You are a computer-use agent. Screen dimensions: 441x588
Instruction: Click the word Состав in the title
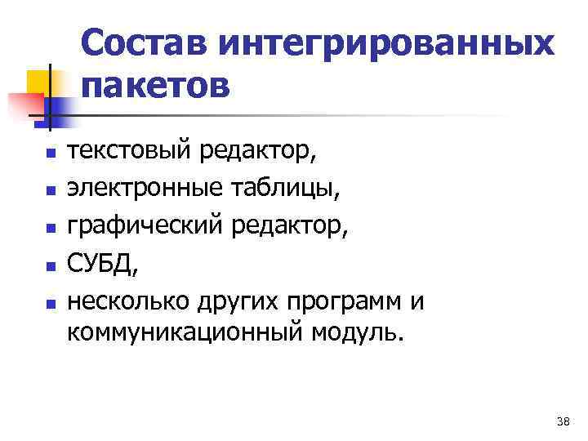click(152, 42)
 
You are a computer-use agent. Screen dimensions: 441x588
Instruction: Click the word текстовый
click(129, 151)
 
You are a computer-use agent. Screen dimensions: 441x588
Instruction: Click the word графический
click(145, 228)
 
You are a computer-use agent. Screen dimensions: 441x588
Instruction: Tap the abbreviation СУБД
click(97, 265)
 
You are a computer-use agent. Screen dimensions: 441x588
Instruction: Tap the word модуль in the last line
click(354, 334)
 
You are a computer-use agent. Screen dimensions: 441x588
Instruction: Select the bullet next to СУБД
click(50, 266)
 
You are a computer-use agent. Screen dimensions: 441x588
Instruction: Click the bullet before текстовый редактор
click(50, 153)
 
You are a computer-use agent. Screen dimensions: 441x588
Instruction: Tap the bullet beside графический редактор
click(50, 229)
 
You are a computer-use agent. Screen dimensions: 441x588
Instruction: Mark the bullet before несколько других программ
click(50, 305)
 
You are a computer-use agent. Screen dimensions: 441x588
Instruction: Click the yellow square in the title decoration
click(38, 82)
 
